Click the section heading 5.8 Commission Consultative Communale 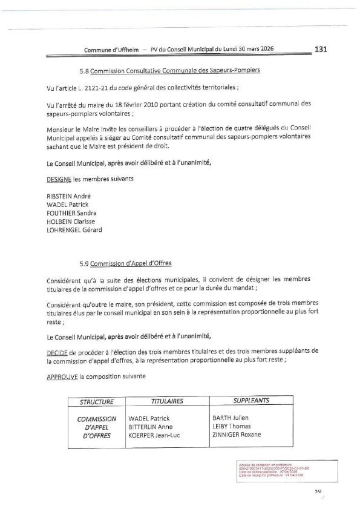pyautogui.click(x=170, y=71)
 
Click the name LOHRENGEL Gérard pyautogui.click(x=74, y=229)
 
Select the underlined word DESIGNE pyautogui.click(x=59, y=179)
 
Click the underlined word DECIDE pyautogui.click(x=57, y=350)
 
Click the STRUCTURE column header pyautogui.click(x=97, y=401)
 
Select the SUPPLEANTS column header pyautogui.click(x=251, y=401)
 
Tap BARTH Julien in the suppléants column pyautogui.click(x=230, y=418)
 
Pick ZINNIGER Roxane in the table pyautogui.click(x=237, y=435)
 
